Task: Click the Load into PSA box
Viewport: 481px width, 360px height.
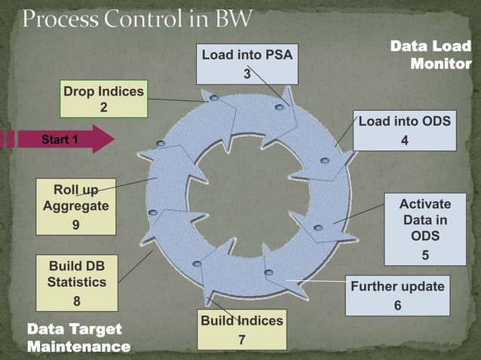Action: [x=247, y=63]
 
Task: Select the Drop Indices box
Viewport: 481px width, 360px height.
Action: [x=103, y=99]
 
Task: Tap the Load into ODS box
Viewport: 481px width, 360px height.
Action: [x=405, y=130]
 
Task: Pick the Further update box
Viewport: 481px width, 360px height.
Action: [x=397, y=295]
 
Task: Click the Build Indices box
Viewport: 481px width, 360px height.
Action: [x=241, y=329]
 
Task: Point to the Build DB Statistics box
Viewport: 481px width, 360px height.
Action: [x=77, y=283]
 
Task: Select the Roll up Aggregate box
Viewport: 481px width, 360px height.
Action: [x=76, y=206]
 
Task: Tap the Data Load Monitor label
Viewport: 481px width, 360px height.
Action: [x=430, y=55]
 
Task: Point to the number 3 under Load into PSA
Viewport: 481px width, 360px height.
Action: [x=246, y=74]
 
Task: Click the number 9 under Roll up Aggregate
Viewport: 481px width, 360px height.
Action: [x=76, y=224]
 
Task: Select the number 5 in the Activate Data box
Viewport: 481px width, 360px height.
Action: [x=425, y=255]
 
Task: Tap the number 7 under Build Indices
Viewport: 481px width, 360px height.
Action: [x=241, y=340]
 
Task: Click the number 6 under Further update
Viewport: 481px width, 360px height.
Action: [x=397, y=306]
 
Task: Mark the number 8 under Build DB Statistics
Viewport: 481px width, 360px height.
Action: [x=77, y=301]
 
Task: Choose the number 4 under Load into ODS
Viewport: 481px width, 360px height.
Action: [x=405, y=140]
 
